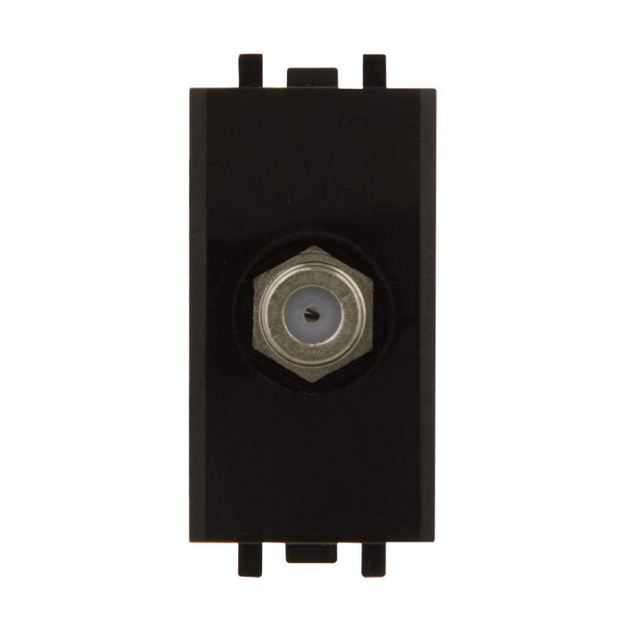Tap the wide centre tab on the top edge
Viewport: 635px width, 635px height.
click(312, 78)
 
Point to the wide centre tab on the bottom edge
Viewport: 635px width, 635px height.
click(311, 553)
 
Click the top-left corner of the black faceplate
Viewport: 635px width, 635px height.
click(190, 90)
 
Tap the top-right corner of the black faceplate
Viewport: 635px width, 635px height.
click(435, 90)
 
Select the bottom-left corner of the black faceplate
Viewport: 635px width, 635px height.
click(190, 541)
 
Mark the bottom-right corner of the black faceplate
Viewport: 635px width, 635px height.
click(434, 541)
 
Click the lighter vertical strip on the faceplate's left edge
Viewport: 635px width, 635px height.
click(198, 316)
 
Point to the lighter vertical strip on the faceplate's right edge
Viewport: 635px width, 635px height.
click(427, 316)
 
